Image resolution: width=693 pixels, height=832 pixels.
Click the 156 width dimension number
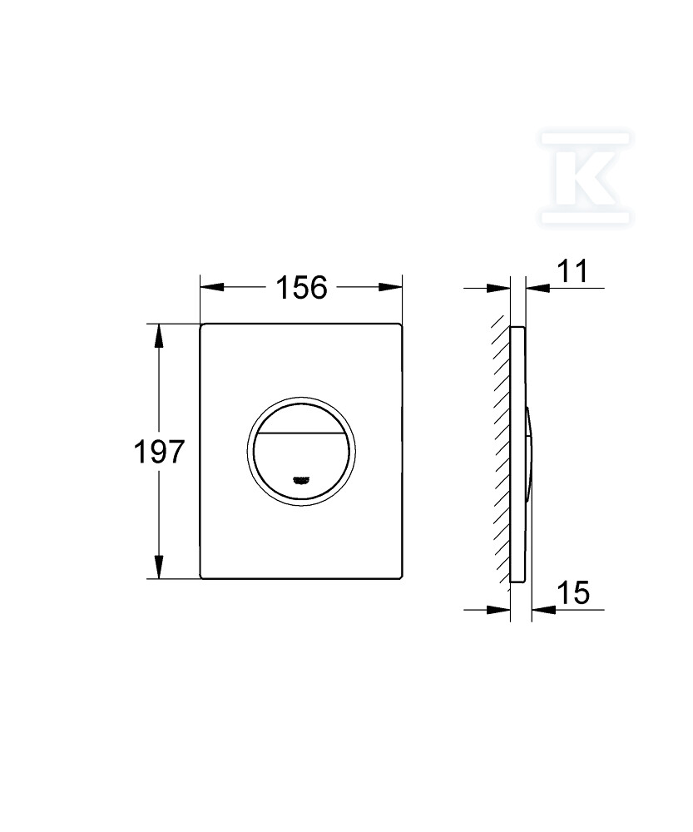[301, 288]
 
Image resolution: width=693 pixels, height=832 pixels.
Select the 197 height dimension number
[159, 452]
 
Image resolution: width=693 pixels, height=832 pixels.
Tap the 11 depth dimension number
[573, 271]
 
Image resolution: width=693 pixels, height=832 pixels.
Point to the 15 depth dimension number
[573, 592]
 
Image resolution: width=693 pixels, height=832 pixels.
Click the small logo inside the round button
[301, 480]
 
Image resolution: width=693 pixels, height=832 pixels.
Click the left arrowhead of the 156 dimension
[211, 287]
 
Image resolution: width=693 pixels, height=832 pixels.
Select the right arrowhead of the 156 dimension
[390, 287]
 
